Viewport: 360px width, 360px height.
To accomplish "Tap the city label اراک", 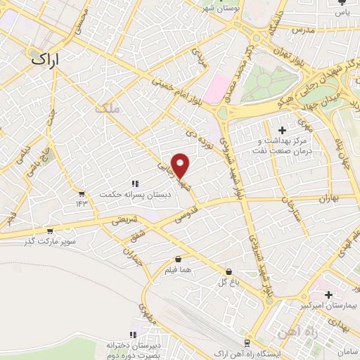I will [x=46, y=61].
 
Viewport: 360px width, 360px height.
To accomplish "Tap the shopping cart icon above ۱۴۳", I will [x=82, y=194].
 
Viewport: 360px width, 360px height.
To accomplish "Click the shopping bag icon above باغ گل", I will [x=228, y=272].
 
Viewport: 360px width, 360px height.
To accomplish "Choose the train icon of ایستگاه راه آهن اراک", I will [x=246, y=342].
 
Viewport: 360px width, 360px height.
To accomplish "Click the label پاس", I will [x=342, y=13].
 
